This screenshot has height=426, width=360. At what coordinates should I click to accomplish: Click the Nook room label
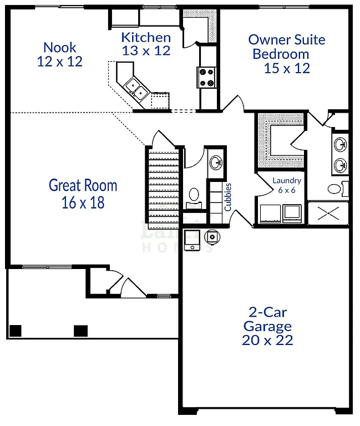[59, 47]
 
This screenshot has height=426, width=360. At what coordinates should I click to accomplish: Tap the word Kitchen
[146, 38]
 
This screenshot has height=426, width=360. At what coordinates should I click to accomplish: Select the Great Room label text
[83, 185]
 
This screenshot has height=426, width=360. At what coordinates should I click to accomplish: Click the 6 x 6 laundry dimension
[286, 190]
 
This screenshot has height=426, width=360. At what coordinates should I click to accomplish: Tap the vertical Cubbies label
[227, 197]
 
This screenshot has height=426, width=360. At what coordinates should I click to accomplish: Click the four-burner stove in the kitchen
[206, 77]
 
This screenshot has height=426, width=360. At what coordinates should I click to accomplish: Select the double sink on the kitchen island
[136, 88]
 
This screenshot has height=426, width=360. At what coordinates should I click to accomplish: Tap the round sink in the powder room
[215, 162]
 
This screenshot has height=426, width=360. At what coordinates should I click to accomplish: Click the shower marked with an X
[328, 213]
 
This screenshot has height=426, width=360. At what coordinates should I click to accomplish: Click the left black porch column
[15, 331]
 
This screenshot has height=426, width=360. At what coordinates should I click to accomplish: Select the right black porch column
[81, 331]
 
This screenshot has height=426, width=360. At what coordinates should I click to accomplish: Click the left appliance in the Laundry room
[269, 212]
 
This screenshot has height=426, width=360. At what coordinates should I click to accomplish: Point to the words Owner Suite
[286, 40]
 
